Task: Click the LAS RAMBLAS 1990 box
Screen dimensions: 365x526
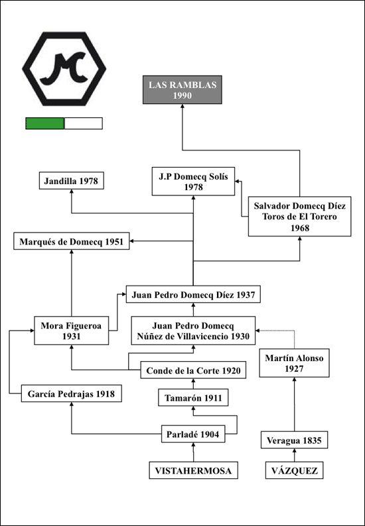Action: click(x=182, y=90)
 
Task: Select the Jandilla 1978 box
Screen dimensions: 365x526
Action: click(x=71, y=180)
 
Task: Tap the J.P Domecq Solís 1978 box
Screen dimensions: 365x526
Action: click(x=193, y=181)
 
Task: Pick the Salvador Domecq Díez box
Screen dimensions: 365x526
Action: click(x=300, y=217)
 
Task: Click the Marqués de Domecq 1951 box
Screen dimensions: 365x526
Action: click(x=71, y=241)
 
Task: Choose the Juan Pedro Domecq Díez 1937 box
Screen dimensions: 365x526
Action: click(x=193, y=294)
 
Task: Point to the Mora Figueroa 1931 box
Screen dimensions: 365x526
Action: click(x=71, y=331)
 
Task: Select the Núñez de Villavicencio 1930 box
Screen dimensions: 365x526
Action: click(x=193, y=331)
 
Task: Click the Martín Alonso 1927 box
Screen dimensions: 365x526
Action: click(x=295, y=363)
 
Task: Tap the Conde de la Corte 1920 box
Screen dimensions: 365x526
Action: click(x=193, y=370)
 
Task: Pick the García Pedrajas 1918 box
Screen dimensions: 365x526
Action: click(x=71, y=393)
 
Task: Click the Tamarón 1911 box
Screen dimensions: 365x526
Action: click(x=193, y=397)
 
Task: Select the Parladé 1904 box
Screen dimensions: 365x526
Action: click(x=193, y=434)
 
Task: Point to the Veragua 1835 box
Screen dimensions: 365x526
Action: click(x=295, y=440)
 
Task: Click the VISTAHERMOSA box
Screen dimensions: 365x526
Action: click(x=194, y=470)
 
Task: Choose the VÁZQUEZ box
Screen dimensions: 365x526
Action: click(x=295, y=470)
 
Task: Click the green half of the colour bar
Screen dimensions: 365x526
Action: click(x=44, y=123)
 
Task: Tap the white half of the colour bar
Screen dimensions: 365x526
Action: click(x=84, y=123)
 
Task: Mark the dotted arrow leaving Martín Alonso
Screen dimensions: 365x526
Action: click(x=295, y=331)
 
